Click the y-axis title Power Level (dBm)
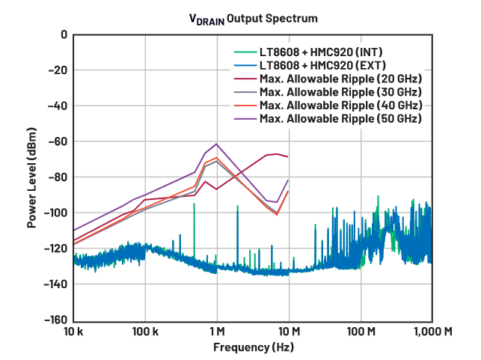click(x=32, y=177)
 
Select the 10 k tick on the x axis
click(x=73, y=331)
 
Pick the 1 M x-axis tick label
click(x=217, y=331)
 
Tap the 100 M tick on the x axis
click(x=361, y=331)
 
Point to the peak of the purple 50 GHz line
click(x=216, y=144)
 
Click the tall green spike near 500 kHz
click(x=194, y=205)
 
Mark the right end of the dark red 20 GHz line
click(x=288, y=156)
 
